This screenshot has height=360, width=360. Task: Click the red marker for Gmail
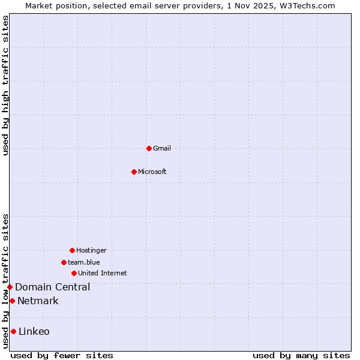click(x=149, y=148)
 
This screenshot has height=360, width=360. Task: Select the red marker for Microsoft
click(x=134, y=172)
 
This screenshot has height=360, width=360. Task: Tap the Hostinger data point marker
click(x=72, y=250)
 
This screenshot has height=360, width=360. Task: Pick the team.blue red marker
click(x=64, y=262)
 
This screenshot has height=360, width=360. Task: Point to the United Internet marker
click(x=74, y=273)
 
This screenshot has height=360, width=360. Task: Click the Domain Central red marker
click(x=10, y=287)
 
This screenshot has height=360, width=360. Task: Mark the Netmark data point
click(x=12, y=301)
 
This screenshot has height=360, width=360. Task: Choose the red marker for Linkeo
click(x=13, y=331)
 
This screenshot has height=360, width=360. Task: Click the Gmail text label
click(x=162, y=148)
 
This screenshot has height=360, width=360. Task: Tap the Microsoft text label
click(x=152, y=172)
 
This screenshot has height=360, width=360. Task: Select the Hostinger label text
click(x=91, y=250)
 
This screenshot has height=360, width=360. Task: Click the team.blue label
click(x=84, y=262)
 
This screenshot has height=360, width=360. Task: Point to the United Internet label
click(x=103, y=273)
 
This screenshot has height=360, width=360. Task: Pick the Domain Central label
click(x=53, y=287)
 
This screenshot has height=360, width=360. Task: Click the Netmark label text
click(x=38, y=301)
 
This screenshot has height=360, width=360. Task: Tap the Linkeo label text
click(x=34, y=331)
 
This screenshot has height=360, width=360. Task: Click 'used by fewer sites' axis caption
click(x=62, y=355)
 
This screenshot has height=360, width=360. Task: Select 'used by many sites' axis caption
click(x=301, y=355)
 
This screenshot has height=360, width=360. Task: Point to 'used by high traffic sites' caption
click(x=5, y=85)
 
